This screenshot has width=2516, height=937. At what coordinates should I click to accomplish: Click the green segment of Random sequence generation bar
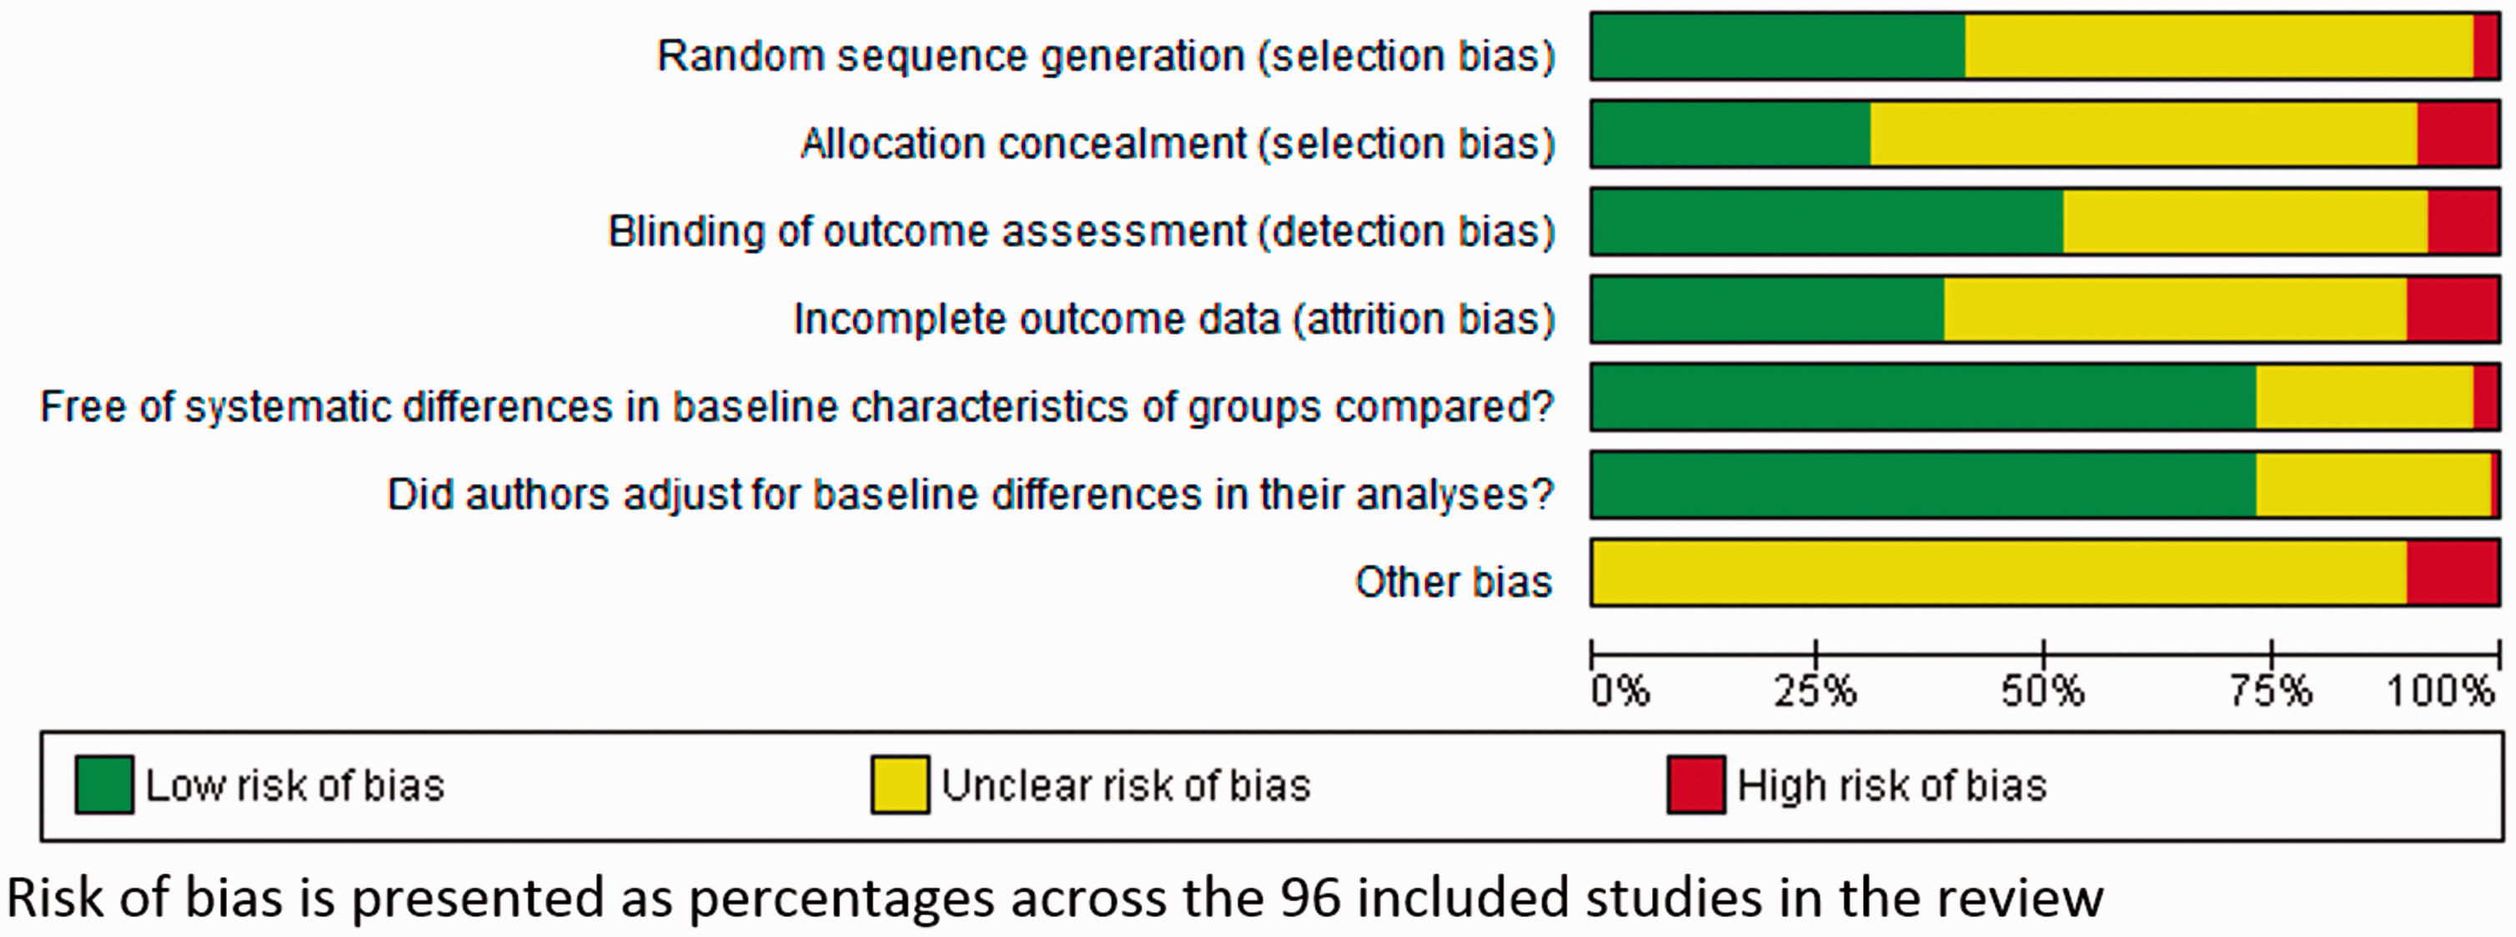(1779, 46)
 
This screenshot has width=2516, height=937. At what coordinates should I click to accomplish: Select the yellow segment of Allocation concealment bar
(2144, 133)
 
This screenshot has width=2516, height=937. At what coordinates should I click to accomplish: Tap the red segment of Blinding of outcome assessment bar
(2463, 222)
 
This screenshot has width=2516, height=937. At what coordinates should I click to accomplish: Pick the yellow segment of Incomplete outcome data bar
(2175, 309)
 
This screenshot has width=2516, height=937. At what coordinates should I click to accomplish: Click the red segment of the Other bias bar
(2453, 572)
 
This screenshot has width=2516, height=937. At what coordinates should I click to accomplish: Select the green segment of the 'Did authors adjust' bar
(1924, 485)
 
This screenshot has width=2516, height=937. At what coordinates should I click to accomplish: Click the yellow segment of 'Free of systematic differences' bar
(2364, 396)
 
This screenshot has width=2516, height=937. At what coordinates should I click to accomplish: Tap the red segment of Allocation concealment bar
(2458, 133)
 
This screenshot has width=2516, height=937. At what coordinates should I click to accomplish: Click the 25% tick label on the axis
(1815, 692)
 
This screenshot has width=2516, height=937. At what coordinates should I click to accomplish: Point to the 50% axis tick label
(2042, 692)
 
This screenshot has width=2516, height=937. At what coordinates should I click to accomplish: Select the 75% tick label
(2271, 692)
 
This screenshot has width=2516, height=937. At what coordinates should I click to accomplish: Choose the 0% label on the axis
(1620, 692)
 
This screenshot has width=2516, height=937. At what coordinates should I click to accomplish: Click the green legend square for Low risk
(104, 783)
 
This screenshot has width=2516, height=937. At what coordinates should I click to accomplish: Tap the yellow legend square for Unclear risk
(901, 783)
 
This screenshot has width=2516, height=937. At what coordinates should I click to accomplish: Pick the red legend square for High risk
(1696, 783)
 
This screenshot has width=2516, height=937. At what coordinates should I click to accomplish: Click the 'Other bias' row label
(1454, 582)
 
